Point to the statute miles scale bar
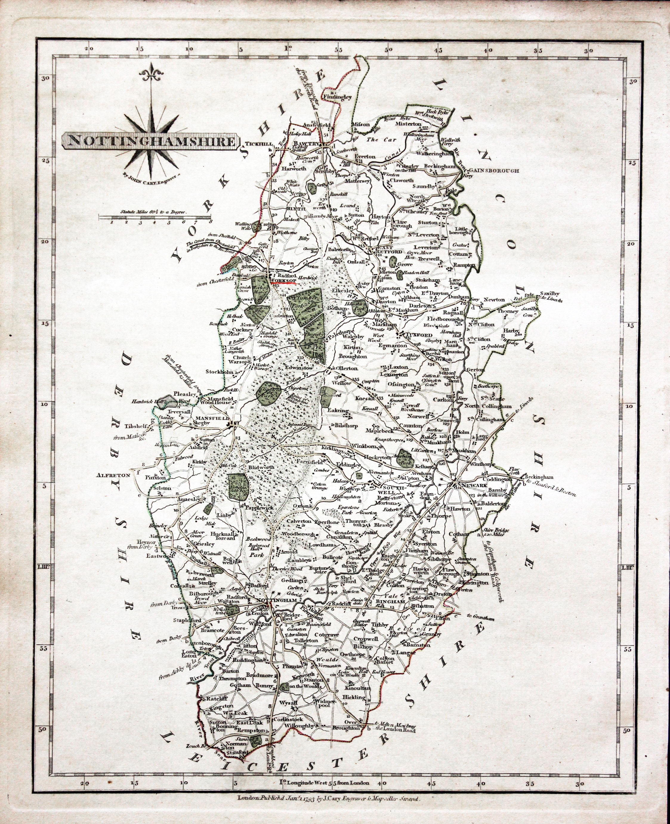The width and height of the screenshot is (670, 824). [x=155, y=218]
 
